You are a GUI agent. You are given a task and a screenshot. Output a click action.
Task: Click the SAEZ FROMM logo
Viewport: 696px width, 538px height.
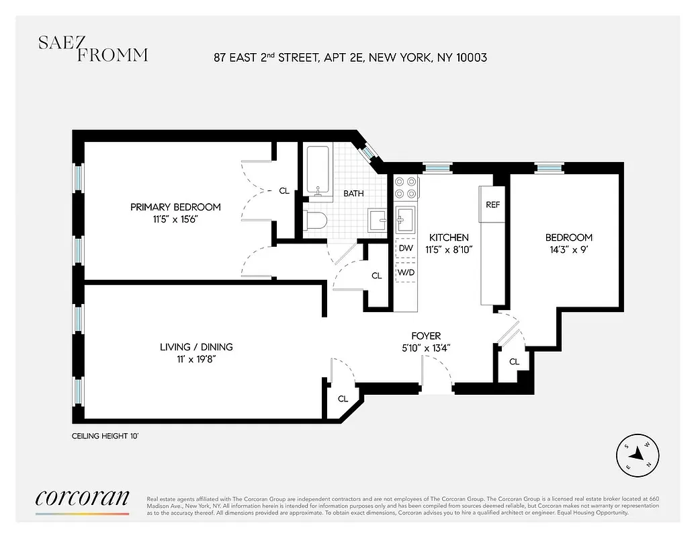pos(93,49)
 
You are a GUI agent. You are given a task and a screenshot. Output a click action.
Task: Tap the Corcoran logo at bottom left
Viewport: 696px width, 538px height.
pos(82,498)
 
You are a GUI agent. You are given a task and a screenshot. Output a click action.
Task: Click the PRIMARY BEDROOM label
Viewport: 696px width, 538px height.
pos(175,207)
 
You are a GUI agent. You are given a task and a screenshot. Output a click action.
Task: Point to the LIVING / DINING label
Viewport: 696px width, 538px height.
pos(196,347)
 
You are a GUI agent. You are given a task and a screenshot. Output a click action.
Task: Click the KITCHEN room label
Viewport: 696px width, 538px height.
pos(449,237)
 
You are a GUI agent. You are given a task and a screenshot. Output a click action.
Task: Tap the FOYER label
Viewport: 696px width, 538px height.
pos(426,336)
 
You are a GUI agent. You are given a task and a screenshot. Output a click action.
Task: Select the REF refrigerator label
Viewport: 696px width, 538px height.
pos(492,204)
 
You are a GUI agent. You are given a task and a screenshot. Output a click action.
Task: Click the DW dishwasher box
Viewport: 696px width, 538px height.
pos(406,248)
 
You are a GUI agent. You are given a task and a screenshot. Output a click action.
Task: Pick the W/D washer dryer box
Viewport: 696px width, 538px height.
pos(406,273)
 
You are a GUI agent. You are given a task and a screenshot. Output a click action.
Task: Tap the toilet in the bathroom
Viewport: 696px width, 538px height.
pos(314,221)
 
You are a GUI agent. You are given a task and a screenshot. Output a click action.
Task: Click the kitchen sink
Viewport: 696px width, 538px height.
pos(406,218)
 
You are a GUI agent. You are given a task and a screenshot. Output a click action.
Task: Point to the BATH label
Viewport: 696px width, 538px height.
pos(353,194)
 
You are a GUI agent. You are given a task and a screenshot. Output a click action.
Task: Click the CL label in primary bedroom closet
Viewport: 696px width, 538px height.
pos(284,191)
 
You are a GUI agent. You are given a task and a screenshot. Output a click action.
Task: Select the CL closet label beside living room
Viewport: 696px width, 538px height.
pos(343,399)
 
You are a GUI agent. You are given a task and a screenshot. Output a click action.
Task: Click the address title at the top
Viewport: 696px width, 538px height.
pos(350,58)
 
